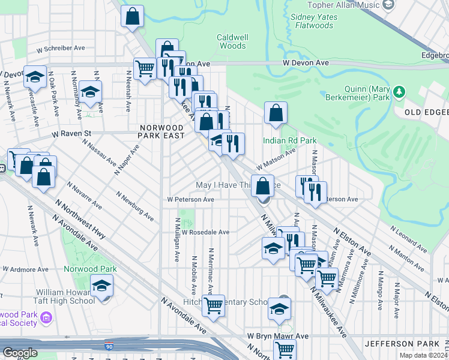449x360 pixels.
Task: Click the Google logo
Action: pyautogui.click(x=20, y=353)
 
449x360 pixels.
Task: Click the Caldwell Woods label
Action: pyautogui.click(x=231, y=41)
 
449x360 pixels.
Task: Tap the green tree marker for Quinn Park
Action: pyautogui.click(x=397, y=92)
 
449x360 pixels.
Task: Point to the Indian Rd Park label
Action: pyautogui.click(x=289, y=140)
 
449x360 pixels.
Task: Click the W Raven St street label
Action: pyautogui.click(x=71, y=133)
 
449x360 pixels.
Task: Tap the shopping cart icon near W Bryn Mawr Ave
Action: pyautogui.click(x=283, y=349)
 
